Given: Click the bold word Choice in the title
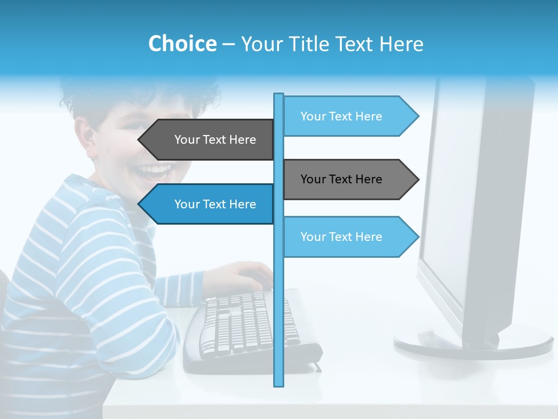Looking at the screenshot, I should click(182, 44).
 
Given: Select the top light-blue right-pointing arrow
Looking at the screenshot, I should click(349, 116).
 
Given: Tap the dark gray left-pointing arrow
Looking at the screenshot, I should click(206, 140).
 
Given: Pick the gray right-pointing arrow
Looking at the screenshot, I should click(349, 179).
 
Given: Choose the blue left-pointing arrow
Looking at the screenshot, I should click(206, 204).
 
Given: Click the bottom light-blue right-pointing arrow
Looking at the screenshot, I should click(349, 237).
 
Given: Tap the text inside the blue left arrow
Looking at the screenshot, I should click(215, 204).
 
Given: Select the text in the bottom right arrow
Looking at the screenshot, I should click(341, 237).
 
